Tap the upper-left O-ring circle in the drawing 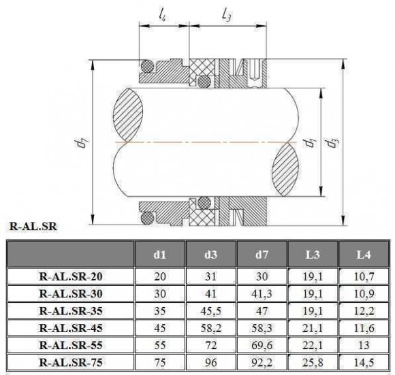[146, 67]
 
